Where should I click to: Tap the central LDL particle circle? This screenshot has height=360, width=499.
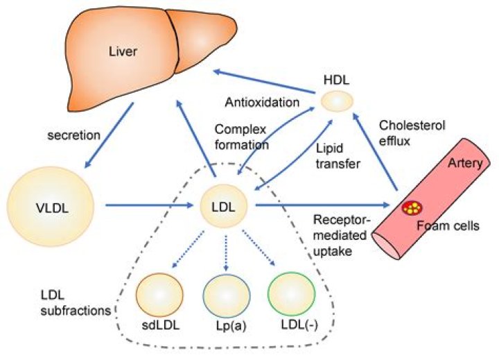click(x=226, y=205)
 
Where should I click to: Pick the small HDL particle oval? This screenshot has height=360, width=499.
click(x=338, y=102)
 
